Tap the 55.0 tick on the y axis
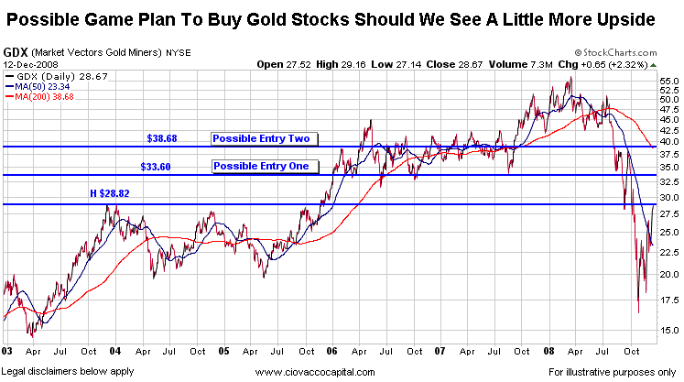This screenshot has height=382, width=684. (668, 82)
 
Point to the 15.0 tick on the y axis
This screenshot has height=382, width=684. (668, 330)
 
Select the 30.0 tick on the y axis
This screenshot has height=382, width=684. (668, 197)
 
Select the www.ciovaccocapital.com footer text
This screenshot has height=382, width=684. (316, 372)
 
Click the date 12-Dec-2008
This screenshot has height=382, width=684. (29, 64)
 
